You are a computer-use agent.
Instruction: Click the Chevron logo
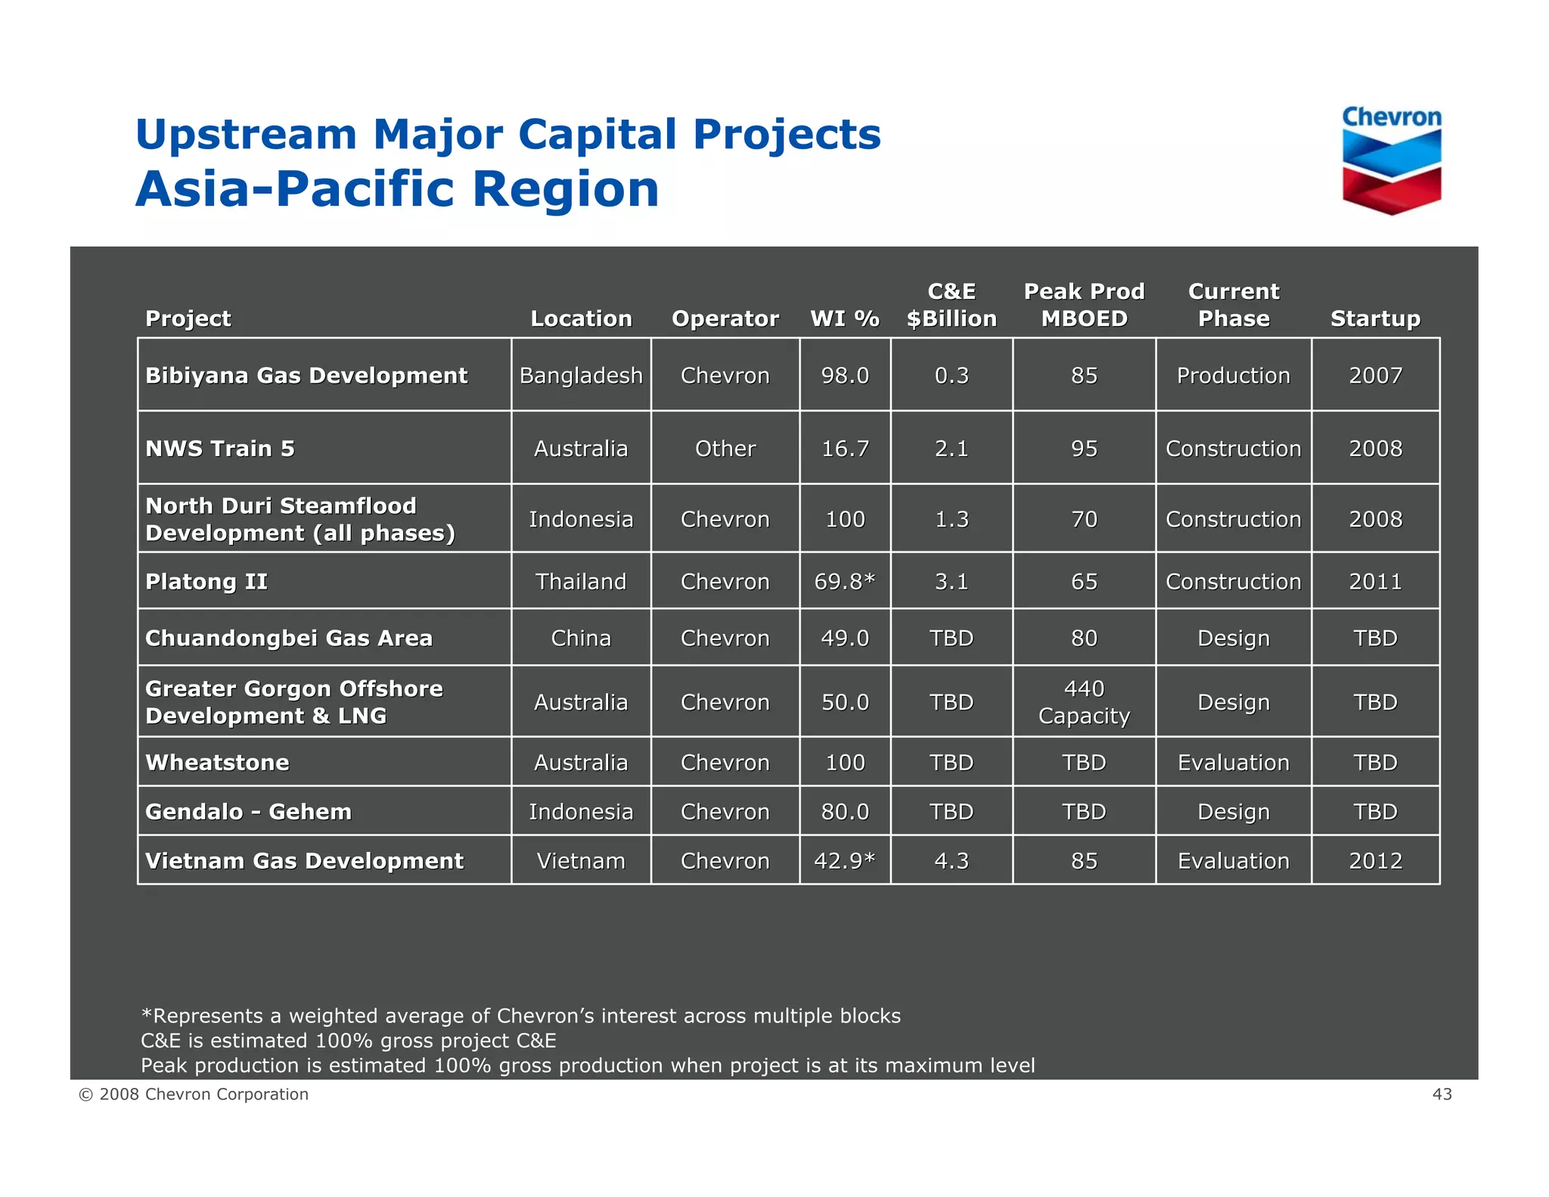click(1391, 160)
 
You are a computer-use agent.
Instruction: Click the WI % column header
click(845, 319)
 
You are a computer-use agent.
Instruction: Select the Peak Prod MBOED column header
click(1084, 305)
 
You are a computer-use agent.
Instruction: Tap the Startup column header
click(1375, 319)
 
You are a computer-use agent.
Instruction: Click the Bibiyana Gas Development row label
click(306, 375)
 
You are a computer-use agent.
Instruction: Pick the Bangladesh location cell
click(581, 375)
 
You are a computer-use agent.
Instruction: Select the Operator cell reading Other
click(725, 449)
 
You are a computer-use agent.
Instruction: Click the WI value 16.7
click(845, 449)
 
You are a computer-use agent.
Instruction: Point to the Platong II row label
click(206, 581)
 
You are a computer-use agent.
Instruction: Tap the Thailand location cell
click(581, 581)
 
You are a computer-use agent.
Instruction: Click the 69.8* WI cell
click(845, 581)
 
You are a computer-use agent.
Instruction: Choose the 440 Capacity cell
click(1084, 702)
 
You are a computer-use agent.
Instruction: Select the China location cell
click(581, 638)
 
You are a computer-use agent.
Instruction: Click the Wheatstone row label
click(217, 762)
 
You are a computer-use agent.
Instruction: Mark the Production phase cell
click(1233, 375)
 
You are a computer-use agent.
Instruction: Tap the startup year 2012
click(1375, 860)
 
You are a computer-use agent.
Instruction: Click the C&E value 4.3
click(951, 860)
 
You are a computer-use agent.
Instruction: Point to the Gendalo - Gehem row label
click(248, 811)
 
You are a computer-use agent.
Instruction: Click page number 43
click(1442, 1094)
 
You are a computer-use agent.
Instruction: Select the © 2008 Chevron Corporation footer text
click(194, 1094)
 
